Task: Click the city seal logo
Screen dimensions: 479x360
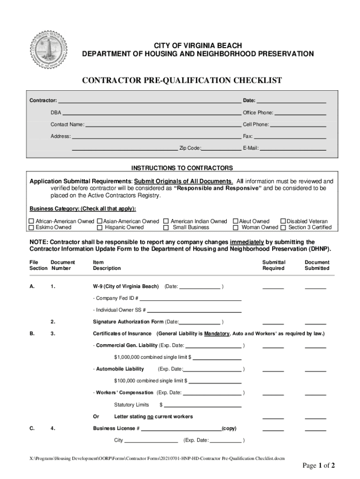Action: [x=48, y=51]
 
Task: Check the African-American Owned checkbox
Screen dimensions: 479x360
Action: [x=32, y=221]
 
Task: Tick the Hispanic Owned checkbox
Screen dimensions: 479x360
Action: [x=100, y=228]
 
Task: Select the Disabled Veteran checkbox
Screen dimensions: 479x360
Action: [x=283, y=221]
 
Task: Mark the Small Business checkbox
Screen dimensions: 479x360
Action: [x=166, y=228]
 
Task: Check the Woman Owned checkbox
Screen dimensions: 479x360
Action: [x=236, y=228]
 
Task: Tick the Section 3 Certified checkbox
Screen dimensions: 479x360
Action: [x=283, y=228]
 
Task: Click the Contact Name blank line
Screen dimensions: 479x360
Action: [x=163, y=125]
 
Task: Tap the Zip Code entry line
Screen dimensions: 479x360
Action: [x=221, y=149]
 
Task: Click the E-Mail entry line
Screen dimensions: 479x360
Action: [x=293, y=149]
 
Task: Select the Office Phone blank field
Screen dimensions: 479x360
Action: [x=300, y=113]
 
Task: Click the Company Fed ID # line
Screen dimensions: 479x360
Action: [x=190, y=298]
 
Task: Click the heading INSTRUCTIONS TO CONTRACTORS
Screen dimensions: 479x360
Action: [x=182, y=168]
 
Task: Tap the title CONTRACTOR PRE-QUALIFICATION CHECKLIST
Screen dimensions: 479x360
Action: [x=182, y=80]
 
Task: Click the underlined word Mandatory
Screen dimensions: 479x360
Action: [x=216, y=334]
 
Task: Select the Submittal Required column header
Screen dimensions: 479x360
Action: [x=274, y=265]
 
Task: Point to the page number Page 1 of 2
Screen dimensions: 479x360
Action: [x=319, y=465]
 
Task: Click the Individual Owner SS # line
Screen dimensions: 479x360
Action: [x=194, y=310]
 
